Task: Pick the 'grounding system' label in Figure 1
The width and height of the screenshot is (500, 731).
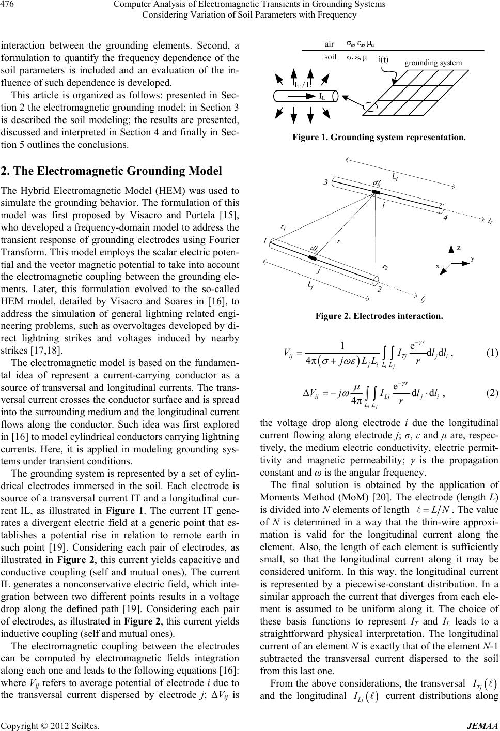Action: [x=433, y=63]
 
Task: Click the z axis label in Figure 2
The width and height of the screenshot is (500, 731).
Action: [x=458, y=248]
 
